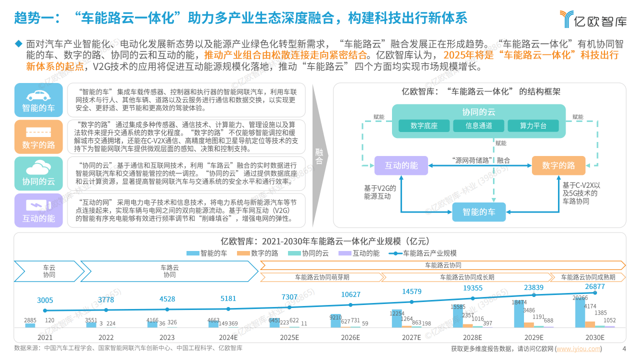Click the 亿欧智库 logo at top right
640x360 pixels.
[x=593, y=19]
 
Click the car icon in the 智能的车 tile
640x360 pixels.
[x=38, y=95]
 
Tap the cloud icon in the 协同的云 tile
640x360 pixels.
[x=38, y=167]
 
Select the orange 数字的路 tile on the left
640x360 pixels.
[x=38, y=137]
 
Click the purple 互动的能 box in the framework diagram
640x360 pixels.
[x=401, y=165]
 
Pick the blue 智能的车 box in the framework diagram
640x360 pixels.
[x=479, y=212]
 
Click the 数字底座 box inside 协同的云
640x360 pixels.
[x=424, y=125]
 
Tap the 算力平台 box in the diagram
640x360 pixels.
[x=533, y=125]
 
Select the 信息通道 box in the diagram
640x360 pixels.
[x=478, y=125]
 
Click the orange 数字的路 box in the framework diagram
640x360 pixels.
[x=558, y=165]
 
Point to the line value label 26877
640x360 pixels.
[x=595, y=286]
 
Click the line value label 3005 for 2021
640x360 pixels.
[x=45, y=300]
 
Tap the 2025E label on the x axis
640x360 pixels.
[x=289, y=337]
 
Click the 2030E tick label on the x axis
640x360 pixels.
[x=595, y=337]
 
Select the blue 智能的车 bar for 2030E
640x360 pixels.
[x=580, y=313]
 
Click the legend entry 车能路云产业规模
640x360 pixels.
[x=422, y=253]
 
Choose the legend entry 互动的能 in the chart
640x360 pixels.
[x=359, y=253]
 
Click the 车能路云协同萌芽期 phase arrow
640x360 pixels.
[x=322, y=277]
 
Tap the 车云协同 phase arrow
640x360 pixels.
[x=49, y=271]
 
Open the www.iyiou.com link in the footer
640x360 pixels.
[x=578, y=349]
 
